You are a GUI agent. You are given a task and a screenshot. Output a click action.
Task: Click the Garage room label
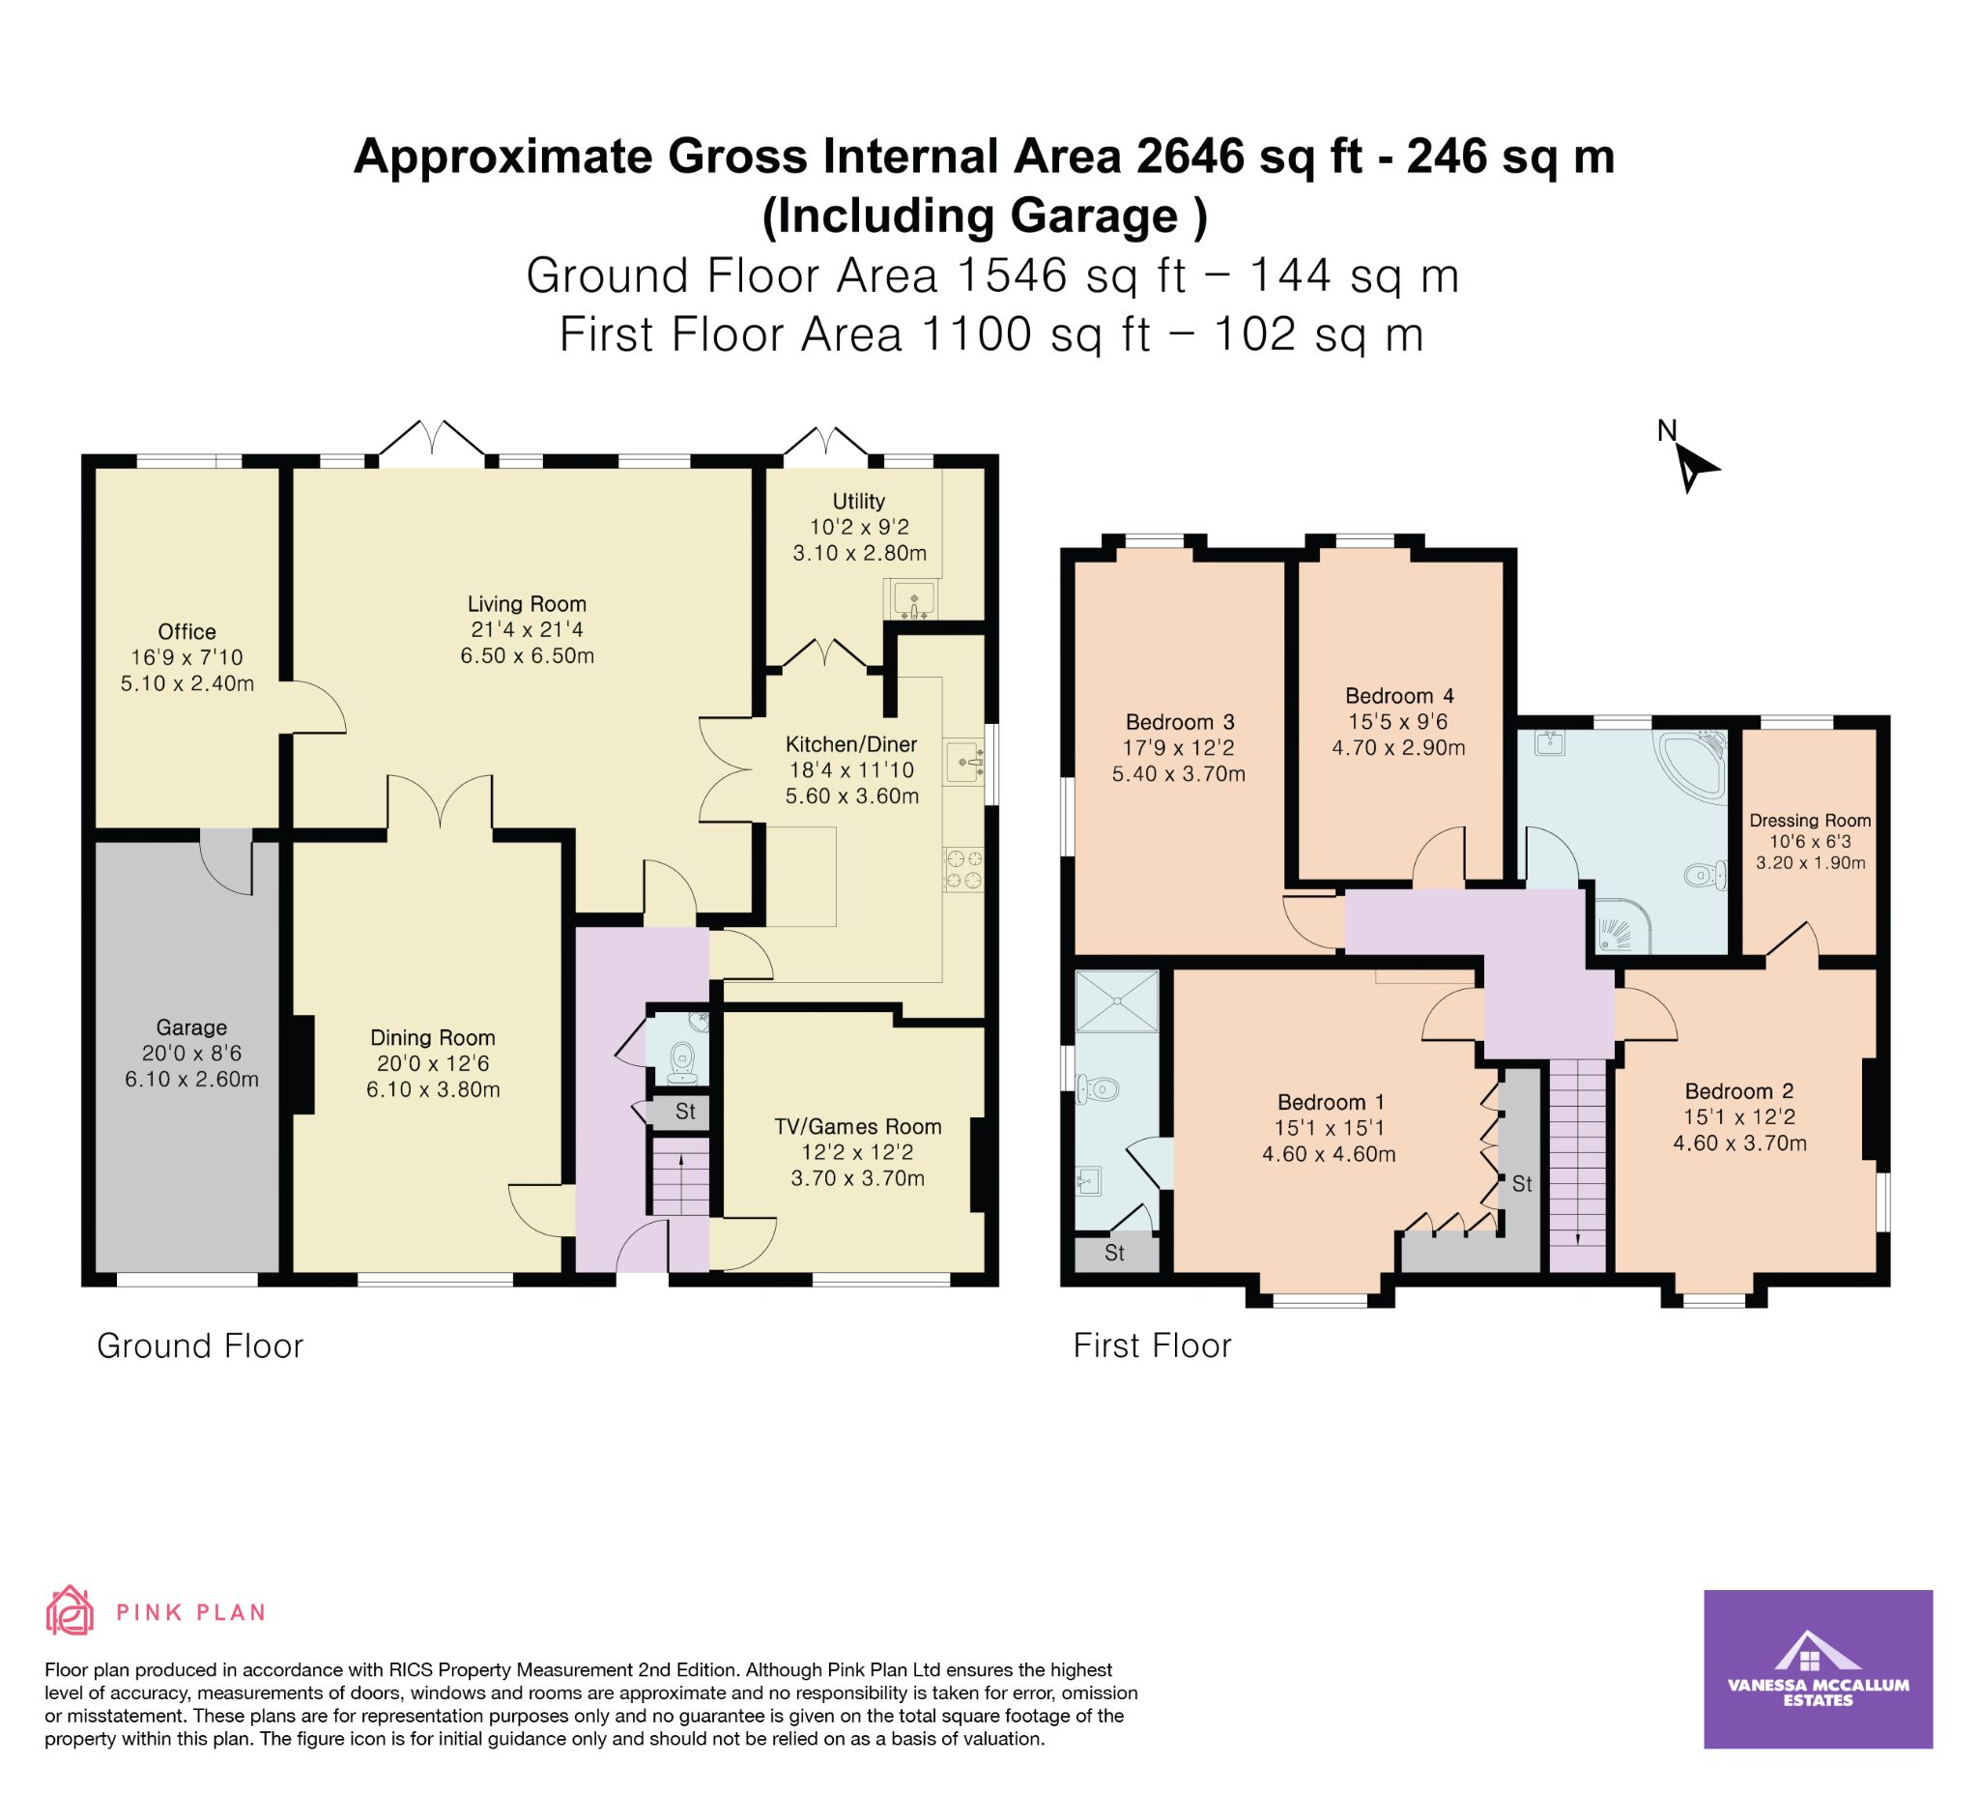191,1028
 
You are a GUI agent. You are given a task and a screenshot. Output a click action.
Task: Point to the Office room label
186,632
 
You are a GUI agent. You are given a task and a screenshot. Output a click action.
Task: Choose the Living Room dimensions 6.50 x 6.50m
528,656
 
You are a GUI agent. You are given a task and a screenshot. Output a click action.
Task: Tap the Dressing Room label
1810,821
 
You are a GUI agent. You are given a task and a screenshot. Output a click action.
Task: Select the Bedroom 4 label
1399,696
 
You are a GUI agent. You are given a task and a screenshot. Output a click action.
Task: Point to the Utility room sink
915,599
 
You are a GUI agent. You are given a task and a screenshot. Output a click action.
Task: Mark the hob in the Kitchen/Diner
963,870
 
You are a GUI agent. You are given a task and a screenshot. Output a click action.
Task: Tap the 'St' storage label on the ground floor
685,1112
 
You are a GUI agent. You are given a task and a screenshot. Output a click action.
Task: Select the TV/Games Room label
858,1127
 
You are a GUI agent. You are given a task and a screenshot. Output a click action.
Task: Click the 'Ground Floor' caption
200,1346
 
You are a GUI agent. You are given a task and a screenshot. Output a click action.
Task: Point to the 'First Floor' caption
1153,1345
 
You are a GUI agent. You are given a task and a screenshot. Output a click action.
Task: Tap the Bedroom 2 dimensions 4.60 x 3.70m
1739,1143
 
